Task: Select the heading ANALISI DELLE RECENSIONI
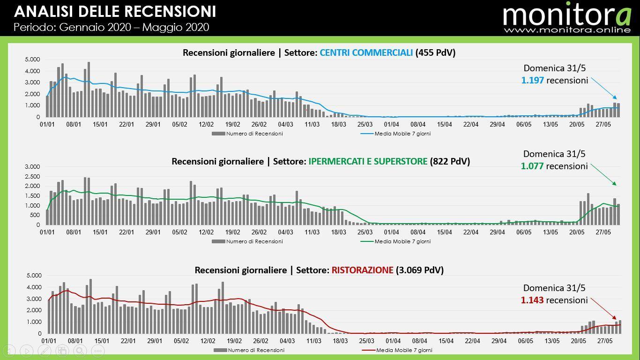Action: tap(115, 11)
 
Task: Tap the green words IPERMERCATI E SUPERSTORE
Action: tap(368, 161)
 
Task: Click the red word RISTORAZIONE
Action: tap(362, 270)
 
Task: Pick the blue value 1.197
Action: tap(532, 80)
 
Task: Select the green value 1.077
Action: tap(532, 166)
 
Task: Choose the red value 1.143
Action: tap(532, 300)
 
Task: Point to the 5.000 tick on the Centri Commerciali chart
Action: tap(32, 60)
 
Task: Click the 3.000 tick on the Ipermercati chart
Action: tap(32, 167)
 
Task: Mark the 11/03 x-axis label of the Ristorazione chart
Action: tap(313, 341)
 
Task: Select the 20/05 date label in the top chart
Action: tap(577, 124)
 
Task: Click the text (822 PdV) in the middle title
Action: tap(450, 161)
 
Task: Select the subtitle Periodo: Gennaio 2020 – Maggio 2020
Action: tap(111, 27)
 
